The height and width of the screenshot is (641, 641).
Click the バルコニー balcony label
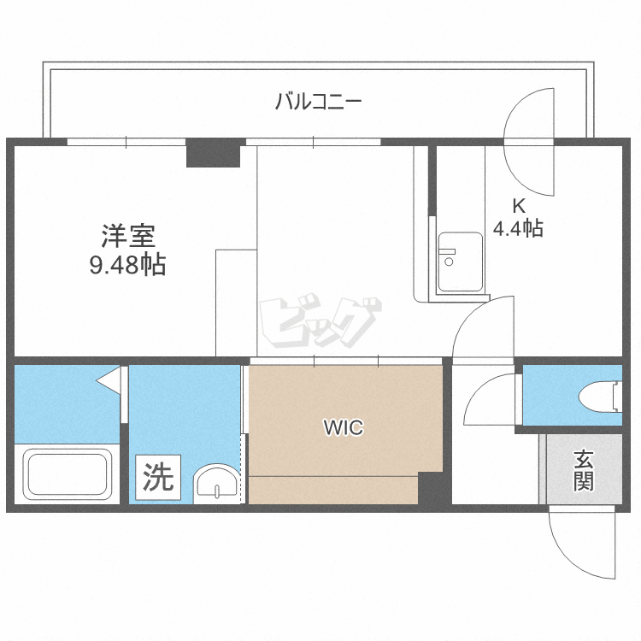point(318,103)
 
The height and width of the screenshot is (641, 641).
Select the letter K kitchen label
point(517,205)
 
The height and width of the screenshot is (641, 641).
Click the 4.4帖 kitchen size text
point(518,228)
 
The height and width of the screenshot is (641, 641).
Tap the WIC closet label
point(343,427)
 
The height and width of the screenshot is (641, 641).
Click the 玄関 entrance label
point(584,470)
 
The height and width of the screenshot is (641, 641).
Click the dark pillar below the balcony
point(213,153)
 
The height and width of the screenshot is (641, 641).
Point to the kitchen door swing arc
point(483,329)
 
